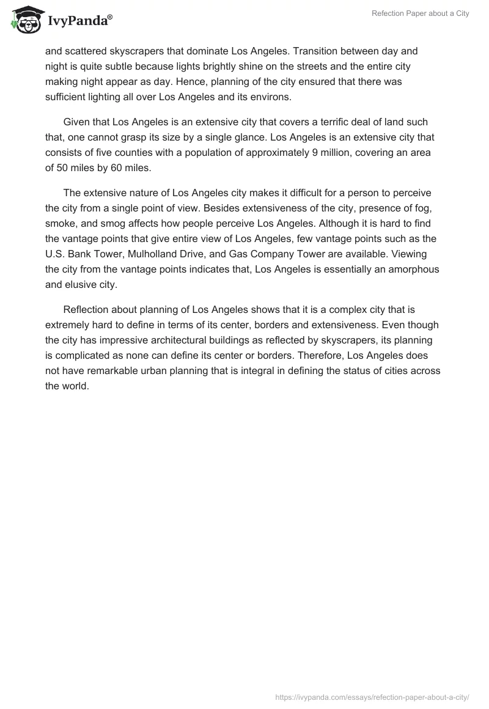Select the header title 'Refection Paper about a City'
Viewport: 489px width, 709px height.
tap(420, 13)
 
